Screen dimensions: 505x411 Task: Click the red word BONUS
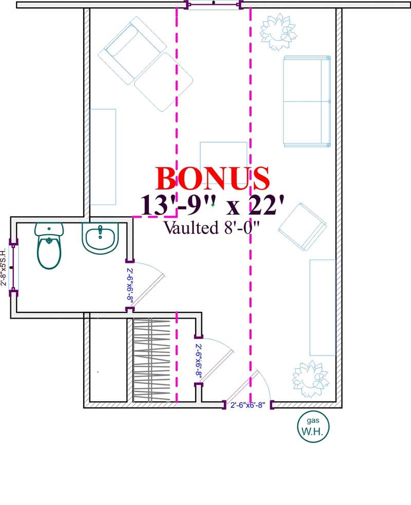(x=212, y=178)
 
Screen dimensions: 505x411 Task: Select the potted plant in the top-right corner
(x=277, y=30)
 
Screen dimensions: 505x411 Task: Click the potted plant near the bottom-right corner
(x=310, y=379)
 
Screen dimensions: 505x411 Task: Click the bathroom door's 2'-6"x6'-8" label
(x=130, y=286)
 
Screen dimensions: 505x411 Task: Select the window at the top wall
(x=214, y=5)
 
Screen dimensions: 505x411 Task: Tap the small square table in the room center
(x=223, y=160)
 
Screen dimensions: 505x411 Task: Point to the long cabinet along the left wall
(x=103, y=157)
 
